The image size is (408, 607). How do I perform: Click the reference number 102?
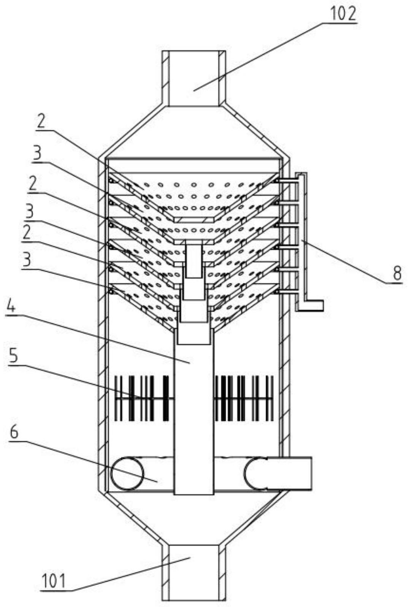(x=343, y=14)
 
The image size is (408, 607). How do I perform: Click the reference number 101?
(x=54, y=581)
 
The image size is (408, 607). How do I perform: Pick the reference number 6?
(x=14, y=433)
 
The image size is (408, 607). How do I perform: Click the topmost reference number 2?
(x=41, y=122)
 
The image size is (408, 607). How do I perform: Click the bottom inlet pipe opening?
(x=194, y=570)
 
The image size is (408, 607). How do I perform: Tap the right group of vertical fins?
(x=243, y=398)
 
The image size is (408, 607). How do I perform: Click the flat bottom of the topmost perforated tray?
(x=194, y=220)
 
